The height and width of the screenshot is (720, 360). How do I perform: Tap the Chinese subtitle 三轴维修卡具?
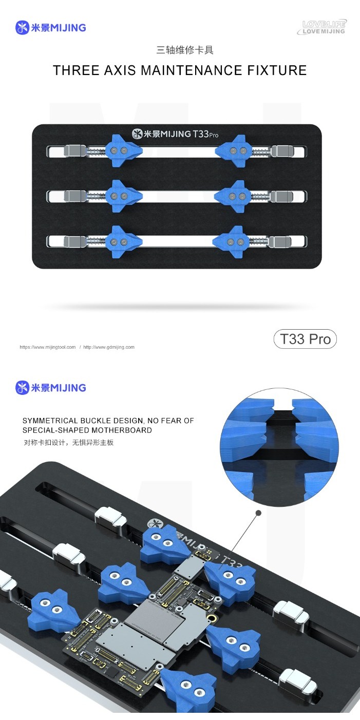184,50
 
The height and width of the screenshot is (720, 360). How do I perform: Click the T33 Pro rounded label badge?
305,339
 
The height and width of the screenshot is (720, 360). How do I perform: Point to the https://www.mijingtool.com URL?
47,347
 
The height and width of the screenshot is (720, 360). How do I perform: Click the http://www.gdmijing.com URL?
109,347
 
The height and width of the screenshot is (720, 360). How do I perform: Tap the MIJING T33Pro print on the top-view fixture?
176,134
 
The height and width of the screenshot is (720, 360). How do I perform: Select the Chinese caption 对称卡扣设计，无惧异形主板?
68,442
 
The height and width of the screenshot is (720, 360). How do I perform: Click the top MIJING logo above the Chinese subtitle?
51,28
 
